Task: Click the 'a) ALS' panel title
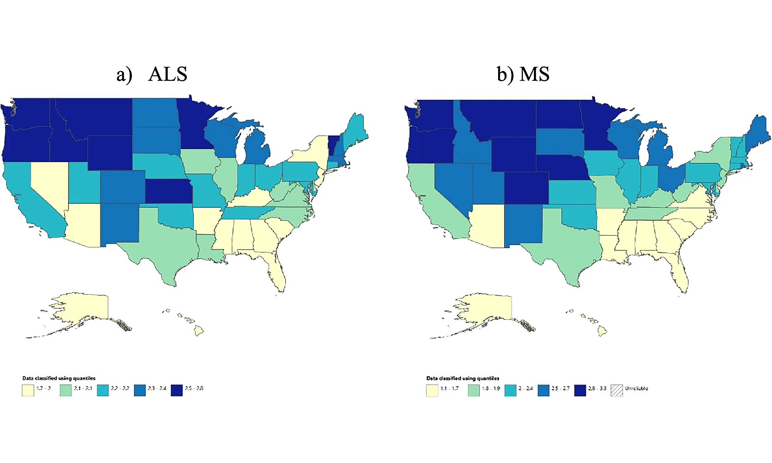pyautogui.click(x=152, y=74)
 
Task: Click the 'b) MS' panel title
pyautogui.click(x=523, y=74)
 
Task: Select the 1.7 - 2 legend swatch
pyautogui.click(x=28, y=390)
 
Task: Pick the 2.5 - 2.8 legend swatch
pyautogui.click(x=177, y=390)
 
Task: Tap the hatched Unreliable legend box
pyautogui.click(x=617, y=390)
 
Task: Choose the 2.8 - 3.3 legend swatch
pyautogui.click(x=580, y=390)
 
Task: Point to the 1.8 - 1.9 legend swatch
pyautogui.click(x=473, y=390)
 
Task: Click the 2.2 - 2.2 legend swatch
pyautogui.click(x=103, y=390)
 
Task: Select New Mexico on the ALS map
pyautogui.click(x=120, y=223)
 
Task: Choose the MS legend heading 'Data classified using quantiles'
pyautogui.click(x=463, y=378)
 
